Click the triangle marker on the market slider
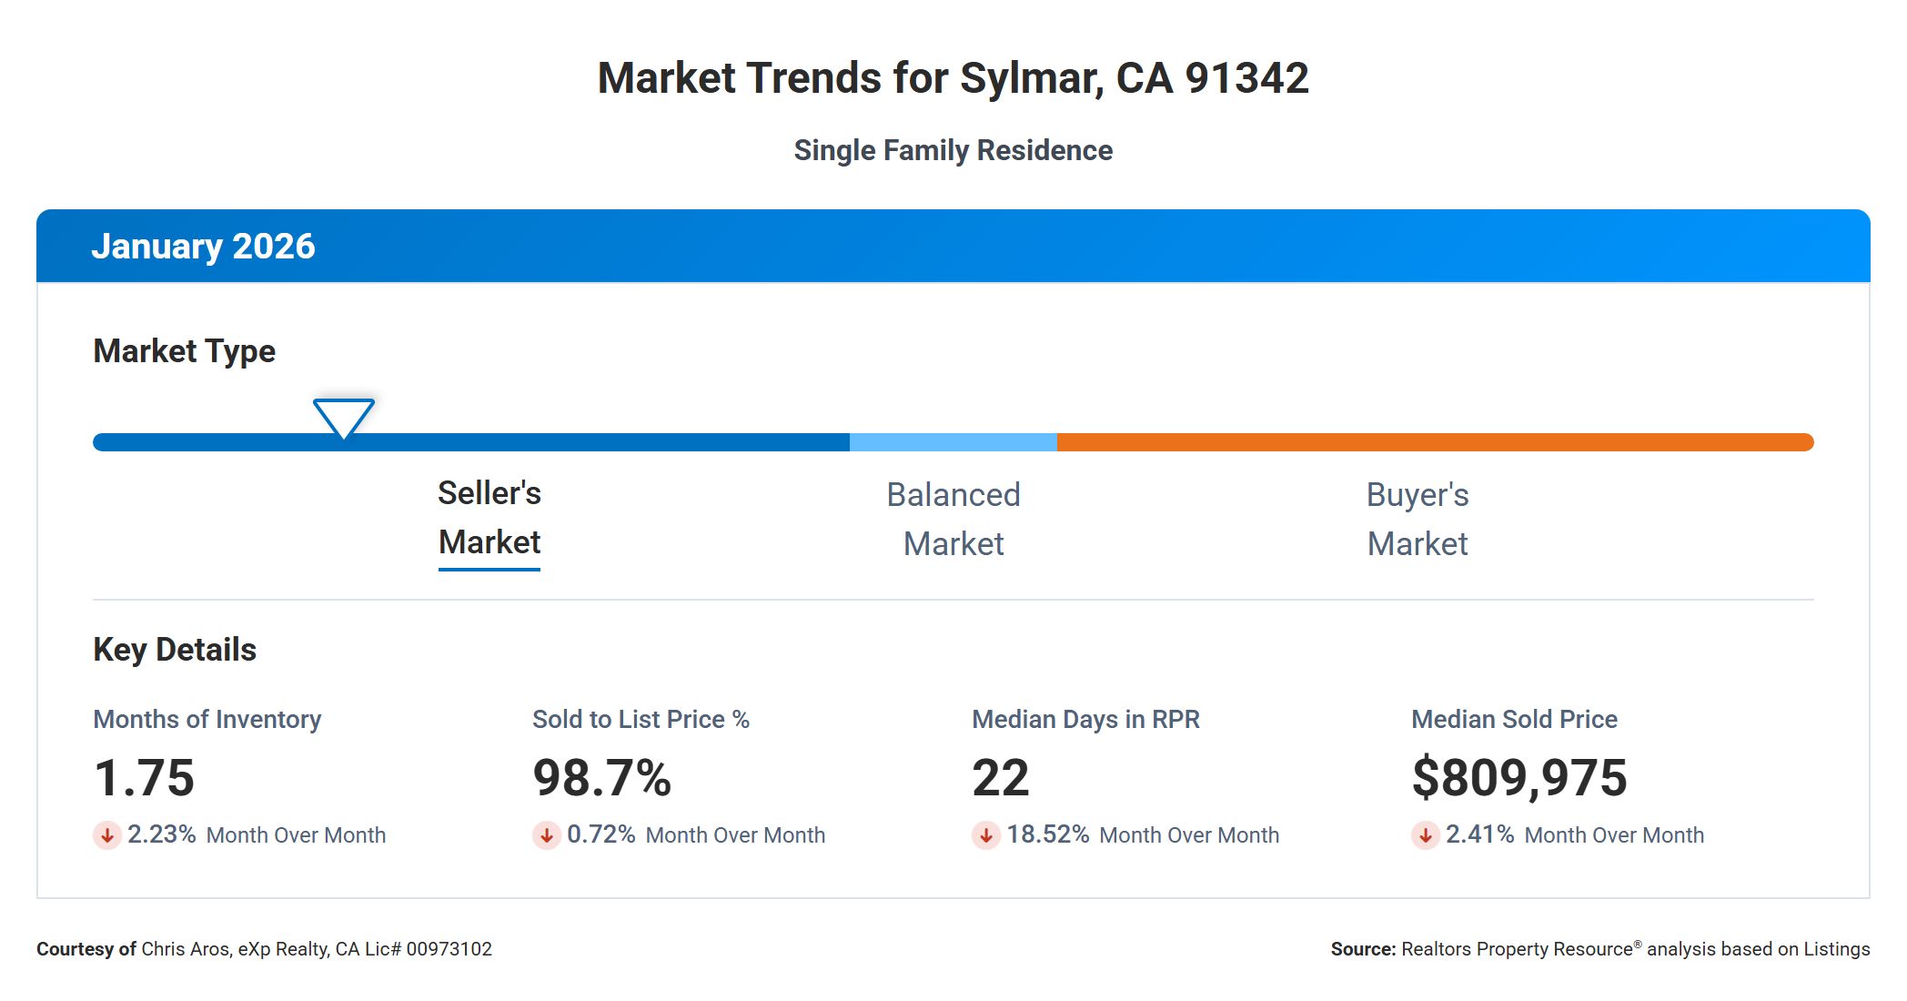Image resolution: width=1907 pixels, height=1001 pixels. click(x=344, y=417)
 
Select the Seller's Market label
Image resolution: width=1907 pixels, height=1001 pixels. click(x=489, y=518)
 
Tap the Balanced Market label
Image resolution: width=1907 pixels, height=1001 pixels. click(x=953, y=520)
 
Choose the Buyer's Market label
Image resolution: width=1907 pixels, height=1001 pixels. click(x=1418, y=520)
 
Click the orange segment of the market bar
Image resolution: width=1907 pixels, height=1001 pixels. click(x=1434, y=442)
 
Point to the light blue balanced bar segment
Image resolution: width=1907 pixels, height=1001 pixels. click(x=953, y=442)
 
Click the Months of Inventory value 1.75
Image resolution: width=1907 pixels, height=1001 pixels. click(x=145, y=778)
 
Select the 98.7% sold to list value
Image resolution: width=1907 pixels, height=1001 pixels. click(x=602, y=778)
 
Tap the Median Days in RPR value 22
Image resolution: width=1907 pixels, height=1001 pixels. click(x=1001, y=778)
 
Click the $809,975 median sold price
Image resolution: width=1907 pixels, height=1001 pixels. click(x=1519, y=778)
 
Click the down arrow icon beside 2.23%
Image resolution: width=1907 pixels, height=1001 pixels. click(x=107, y=834)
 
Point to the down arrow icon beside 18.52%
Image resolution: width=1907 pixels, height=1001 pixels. click(x=985, y=834)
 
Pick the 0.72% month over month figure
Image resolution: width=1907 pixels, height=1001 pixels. click(x=600, y=834)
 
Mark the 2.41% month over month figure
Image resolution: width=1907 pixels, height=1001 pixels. click(x=1479, y=834)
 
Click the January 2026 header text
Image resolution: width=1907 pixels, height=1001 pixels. click(x=203, y=247)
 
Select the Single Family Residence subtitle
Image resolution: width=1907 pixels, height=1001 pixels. click(x=953, y=150)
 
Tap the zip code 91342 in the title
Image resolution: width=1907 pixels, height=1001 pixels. click(x=1246, y=78)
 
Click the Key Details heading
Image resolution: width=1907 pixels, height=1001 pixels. click(x=175, y=650)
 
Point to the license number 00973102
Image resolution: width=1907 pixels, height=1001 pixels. click(x=449, y=949)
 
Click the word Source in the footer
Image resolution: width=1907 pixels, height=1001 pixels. click(x=1362, y=949)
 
